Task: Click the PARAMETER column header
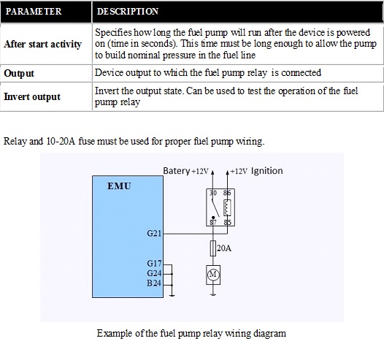[x=34, y=12]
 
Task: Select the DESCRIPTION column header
[x=128, y=12]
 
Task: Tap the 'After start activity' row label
[x=42, y=45]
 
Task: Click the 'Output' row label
[x=19, y=74]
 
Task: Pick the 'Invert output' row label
[x=32, y=96]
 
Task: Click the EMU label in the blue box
[x=119, y=186]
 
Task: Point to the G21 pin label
[x=154, y=233]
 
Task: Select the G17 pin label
[x=154, y=264]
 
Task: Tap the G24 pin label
[x=154, y=273]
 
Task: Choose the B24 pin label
[x=154, y=283]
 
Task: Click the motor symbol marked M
[x=213, y=275]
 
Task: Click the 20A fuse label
[x=224, y=248]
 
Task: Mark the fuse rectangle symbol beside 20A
[x=213, y=248]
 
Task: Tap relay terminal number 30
[x=213, y=193]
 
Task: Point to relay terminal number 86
[x=227, y=193]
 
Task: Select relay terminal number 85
[x=228, y=222]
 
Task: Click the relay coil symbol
[x=227, y=207]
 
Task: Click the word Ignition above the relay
[x=267, y=171]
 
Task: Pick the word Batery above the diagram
[x=177, y=171]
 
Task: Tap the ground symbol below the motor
[x=213, y=294]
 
